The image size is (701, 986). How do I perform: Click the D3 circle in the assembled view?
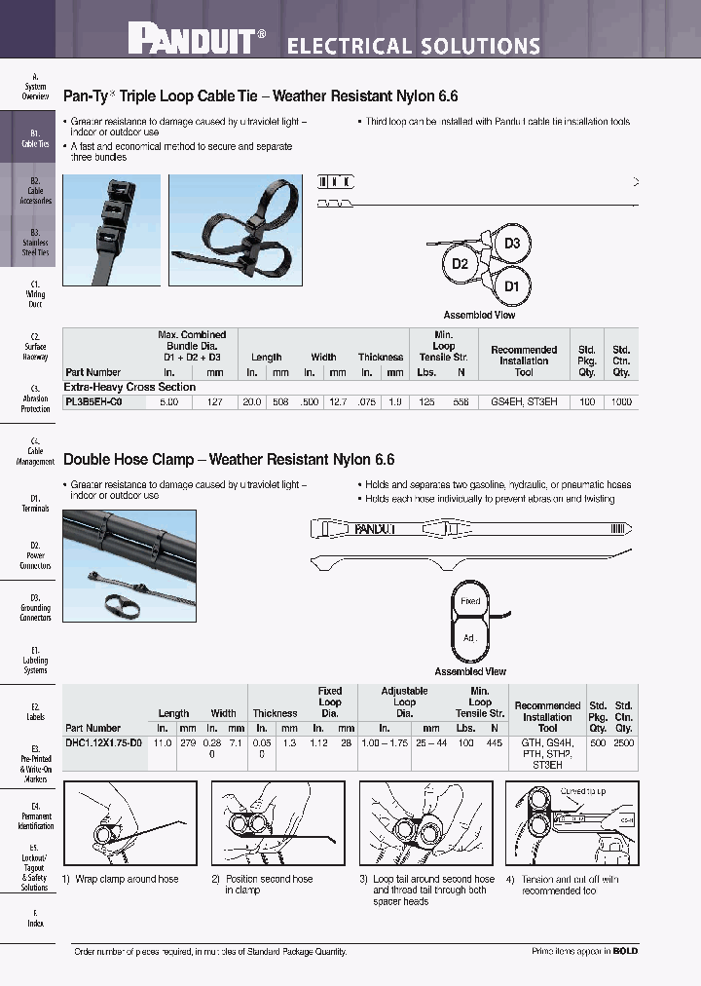pos(512,244)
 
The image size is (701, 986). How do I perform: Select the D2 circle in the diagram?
pos(461,264)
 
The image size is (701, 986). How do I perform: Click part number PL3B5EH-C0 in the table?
pos(93,400)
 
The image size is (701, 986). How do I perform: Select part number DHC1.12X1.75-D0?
pos(103,742)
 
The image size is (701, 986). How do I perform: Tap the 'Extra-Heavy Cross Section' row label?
pos(129,387)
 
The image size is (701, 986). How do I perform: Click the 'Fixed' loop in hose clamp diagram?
pos(470,601)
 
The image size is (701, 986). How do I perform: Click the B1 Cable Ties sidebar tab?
pos(35,137)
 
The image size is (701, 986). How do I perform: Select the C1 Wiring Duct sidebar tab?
pos(35,293)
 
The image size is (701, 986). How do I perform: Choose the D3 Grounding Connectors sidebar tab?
pos(35,607)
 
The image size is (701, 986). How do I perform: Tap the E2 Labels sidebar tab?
pos(35,711)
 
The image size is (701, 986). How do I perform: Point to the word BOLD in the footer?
pos(625,951)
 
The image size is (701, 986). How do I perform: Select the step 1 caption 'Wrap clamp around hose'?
pos(121,879)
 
